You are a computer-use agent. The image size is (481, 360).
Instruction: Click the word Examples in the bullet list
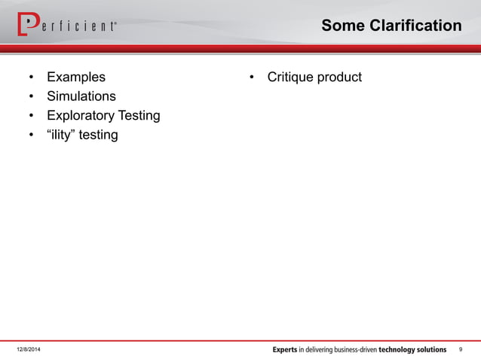(76, 77)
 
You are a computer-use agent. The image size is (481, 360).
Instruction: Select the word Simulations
(81, 96)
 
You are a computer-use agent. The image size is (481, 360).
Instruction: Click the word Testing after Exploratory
(138, 116)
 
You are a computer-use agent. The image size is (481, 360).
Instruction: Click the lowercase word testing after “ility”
(98, 136)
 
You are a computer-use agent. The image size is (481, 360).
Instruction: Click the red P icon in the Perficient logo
(27, 25)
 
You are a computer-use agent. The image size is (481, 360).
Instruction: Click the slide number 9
(461, 350)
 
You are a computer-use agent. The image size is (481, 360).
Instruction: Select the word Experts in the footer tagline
(285, 350)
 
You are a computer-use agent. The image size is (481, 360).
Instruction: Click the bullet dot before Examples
(31, 78)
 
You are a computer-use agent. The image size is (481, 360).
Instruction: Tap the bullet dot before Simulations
(31, 97)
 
